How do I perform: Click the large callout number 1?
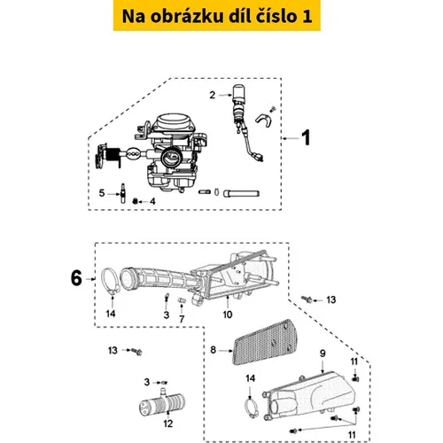coord(306,137)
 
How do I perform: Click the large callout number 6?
coord(76,278)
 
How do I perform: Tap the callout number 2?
coord(213,95)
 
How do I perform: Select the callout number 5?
coord(102,193)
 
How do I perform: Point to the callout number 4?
coord(152,201)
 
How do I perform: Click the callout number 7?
coord(182,319)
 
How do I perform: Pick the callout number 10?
coord(228,315)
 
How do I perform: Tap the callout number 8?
coord(214,350)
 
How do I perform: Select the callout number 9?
coord(323,354)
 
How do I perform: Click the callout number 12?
coord(168,424)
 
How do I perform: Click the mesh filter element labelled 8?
coord(265,342)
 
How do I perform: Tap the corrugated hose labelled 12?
coord(162,402)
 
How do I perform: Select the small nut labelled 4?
coord(135,201)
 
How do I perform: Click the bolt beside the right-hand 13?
coord(307,299)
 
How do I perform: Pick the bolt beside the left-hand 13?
coord(137,351)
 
